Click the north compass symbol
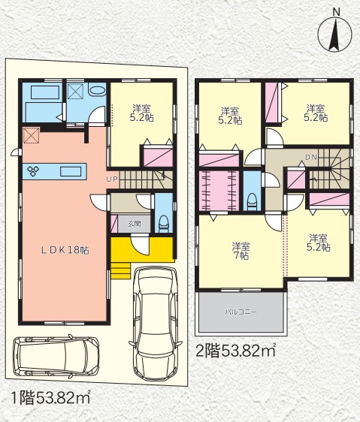point(334,33)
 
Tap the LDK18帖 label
point(65,250)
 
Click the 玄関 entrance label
point(135,223)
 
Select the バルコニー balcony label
point(241,312)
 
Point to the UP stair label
point(112,179)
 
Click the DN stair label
point(311,157)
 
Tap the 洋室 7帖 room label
point(241,251)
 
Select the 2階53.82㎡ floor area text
point(235,350)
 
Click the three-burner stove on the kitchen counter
point(33,171)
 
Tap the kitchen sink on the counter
point(71,171)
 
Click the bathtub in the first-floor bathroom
point(45,92)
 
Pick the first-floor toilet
point(164,223)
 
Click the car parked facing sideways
point(56,356)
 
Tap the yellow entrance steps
point(120,270)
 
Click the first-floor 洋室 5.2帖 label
point(142,113)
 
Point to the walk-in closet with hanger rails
point(219,190)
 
